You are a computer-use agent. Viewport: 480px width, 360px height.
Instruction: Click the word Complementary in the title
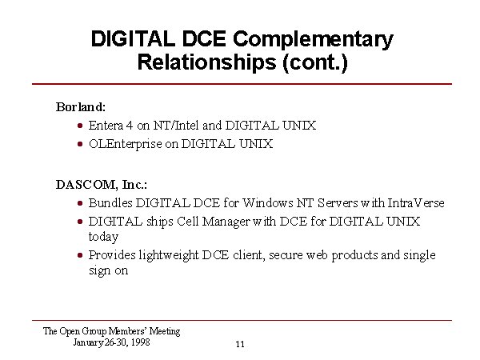(313, 40)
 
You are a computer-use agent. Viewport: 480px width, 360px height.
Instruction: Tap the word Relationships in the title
(207, 62)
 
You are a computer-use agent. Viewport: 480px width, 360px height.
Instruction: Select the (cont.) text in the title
(315, 62)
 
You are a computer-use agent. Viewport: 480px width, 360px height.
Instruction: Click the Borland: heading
(81, 107)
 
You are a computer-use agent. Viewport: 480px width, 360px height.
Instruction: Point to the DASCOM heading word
(86, 185)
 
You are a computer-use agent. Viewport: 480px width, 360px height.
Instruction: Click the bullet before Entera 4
(80, 126)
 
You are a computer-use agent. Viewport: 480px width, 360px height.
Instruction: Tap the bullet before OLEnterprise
(80, 144)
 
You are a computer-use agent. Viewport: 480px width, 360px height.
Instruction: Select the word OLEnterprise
(126, 144)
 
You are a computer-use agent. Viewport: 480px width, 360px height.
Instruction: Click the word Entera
(106, 126)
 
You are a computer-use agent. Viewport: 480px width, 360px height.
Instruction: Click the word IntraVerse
(416, 203)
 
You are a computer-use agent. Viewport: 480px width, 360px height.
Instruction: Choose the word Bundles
(110, 203)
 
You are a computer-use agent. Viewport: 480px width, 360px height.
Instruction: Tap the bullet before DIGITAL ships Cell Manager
(80, 222)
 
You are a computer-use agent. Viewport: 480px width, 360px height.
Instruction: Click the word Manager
(226, 222)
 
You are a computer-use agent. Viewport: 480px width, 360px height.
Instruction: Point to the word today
(103, 237)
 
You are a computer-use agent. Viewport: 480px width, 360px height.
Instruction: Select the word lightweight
(169, 255)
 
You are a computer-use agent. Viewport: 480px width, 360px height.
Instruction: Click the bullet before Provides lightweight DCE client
(80, 255)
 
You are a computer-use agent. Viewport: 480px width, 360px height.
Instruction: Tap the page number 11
(240, 344)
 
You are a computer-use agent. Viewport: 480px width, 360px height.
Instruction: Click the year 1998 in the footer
(141, 342)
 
